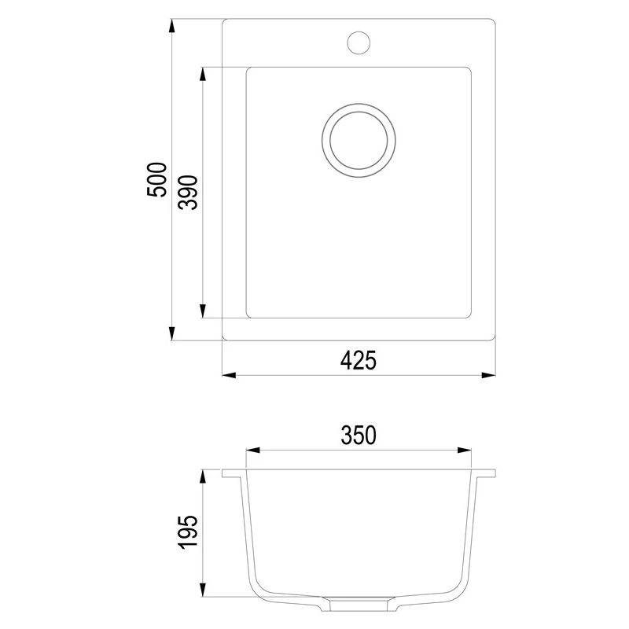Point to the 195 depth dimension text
point(187,535)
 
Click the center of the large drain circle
point(359,142)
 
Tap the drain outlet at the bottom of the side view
point(359,605)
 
